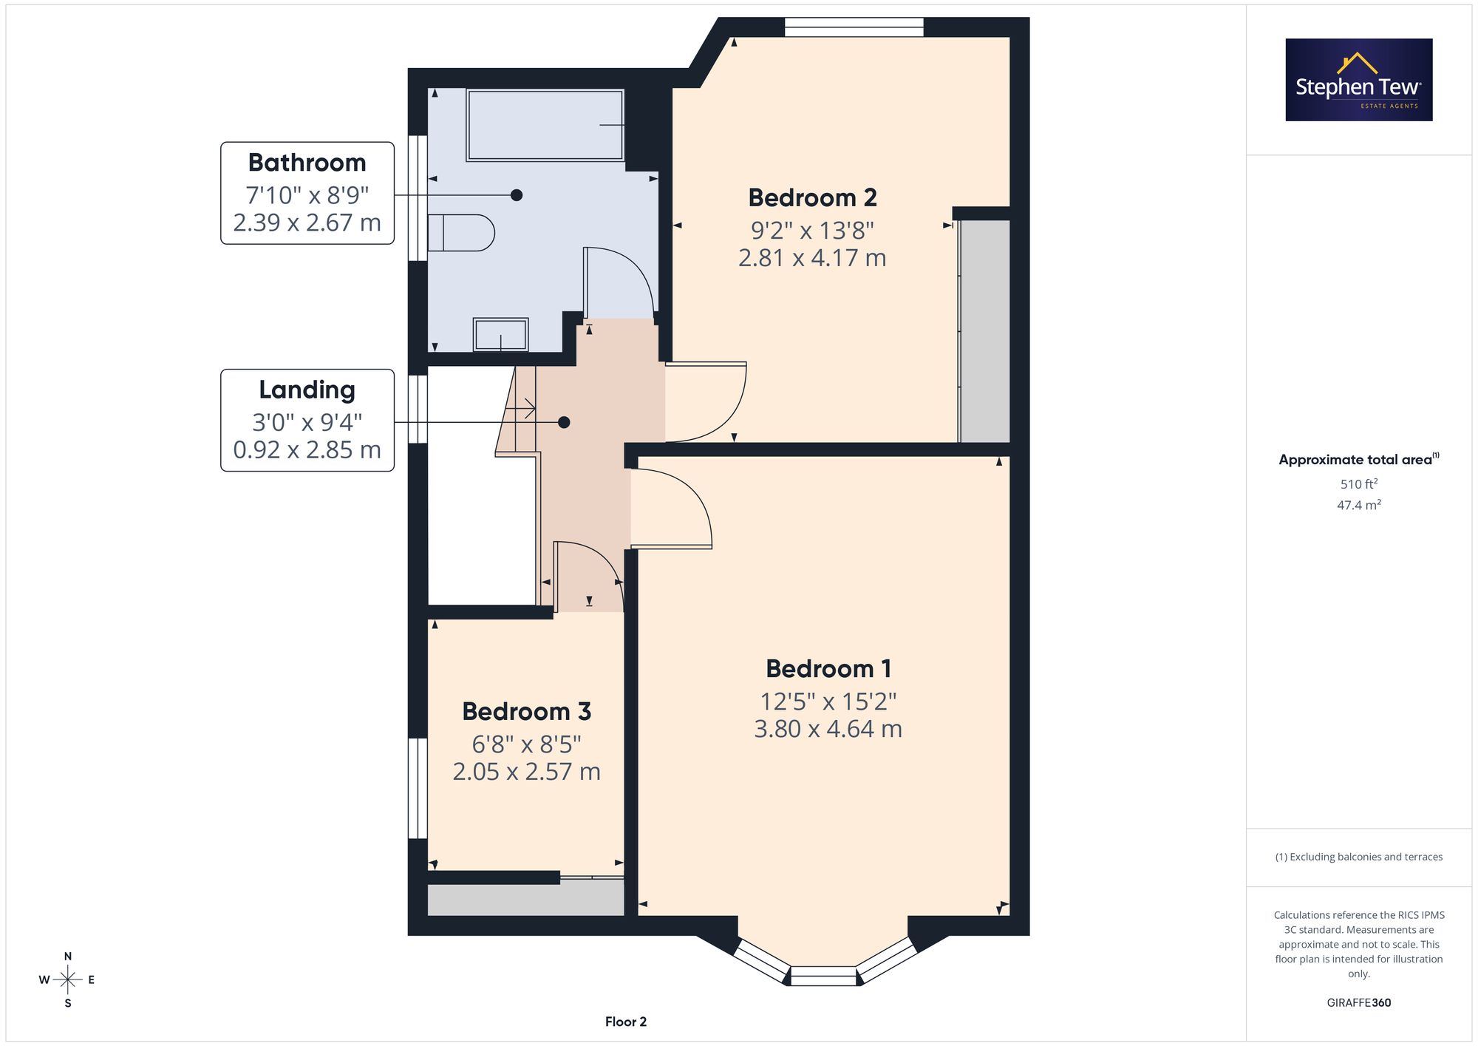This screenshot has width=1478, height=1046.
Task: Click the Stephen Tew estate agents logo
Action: pos(1359,80)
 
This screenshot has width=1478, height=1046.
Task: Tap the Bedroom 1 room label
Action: pos(828,669)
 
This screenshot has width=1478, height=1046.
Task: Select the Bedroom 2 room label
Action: pos(812,198)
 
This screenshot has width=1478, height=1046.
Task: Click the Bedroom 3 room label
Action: pos(526,712)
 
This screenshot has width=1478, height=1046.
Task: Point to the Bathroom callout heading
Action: pos(307,163)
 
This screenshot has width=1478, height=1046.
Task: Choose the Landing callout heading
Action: pos(307,390)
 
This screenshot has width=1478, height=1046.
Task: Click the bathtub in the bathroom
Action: pos(545,125)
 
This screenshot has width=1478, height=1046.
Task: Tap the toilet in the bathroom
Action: pos(460,233)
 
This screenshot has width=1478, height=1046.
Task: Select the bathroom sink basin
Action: pos(500,335)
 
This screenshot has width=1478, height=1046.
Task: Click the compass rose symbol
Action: pos(68,980)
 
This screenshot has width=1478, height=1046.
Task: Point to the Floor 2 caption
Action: pos(626,1022)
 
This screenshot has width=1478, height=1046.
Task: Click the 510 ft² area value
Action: pos(1359,484)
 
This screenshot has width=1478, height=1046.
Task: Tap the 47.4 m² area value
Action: pos(1359,506)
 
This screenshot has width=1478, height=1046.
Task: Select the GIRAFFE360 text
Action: pos(1359,1003)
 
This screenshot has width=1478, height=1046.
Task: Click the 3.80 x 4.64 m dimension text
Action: pos(828,730)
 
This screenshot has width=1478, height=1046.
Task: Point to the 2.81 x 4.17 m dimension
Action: pos(812,258)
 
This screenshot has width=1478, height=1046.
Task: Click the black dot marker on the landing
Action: pos(564,423)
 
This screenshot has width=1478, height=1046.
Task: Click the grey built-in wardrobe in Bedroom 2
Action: pos(984,331)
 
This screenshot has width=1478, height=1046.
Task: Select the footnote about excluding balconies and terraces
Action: pos(1359,857)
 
